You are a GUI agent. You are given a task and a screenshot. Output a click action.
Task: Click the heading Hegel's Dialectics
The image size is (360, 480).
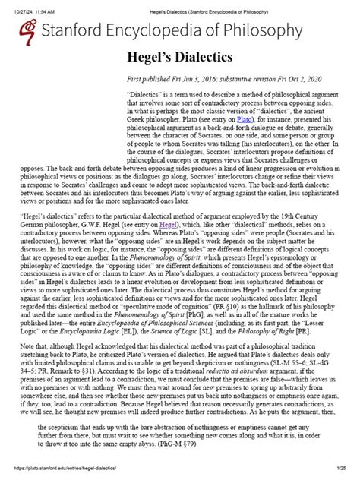pos(179,59)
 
